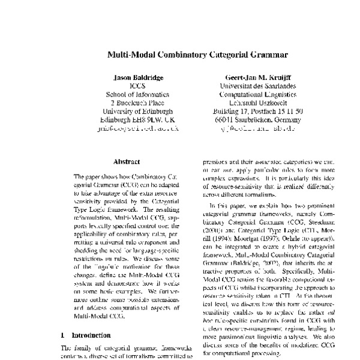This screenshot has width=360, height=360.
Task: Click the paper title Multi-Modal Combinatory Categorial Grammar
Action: pos(180,53)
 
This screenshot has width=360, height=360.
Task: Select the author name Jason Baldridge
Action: pos(138,78)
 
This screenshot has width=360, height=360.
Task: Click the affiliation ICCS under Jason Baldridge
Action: pos(138,86)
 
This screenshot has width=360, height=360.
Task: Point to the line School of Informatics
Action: pos(138,94)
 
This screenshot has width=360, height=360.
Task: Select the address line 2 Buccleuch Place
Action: pos(138,103)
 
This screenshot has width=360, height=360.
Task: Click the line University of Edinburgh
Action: pos(138,111)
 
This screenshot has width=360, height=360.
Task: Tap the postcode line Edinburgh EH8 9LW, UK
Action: pos(138,119)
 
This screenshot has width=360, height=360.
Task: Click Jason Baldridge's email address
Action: pos(138,128)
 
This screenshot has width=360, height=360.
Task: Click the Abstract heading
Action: pos(126,161)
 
